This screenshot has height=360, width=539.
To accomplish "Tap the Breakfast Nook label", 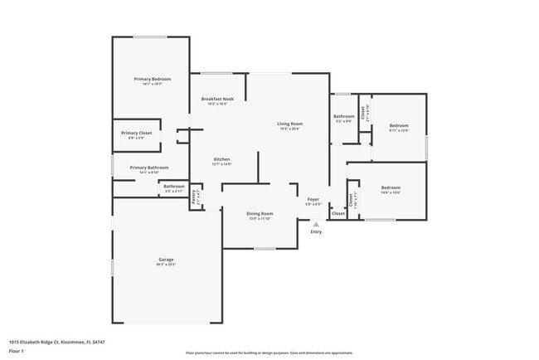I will click(x=217, y=100).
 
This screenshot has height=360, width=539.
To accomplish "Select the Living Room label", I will click(x=289, y=124).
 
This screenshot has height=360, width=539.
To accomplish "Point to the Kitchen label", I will click(x=221, y=159).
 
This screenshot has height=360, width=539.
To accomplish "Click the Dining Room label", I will click(x=260, y=214).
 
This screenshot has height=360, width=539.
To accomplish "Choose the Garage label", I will click(x=166, y=260).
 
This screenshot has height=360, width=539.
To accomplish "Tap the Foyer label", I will click(x=313, y=200).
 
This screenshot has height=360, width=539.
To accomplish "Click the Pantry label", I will click(x=194, y=197).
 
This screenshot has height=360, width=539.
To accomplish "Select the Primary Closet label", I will click(x=135, y=134).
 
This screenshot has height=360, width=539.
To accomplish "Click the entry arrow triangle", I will click(x=315, y=223).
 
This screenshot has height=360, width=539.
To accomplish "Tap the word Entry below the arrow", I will click(x=316, y=231).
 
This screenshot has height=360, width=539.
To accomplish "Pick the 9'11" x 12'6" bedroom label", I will click(x=400, y=126).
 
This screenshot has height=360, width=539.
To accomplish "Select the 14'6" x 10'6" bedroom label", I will click(x=391, y=188).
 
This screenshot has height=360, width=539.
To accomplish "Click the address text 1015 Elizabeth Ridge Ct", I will click(x=57, y=341).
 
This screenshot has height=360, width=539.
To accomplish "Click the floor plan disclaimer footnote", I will click(x=269, y=352).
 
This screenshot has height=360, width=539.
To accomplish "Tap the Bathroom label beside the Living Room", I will click(x=344, y=117).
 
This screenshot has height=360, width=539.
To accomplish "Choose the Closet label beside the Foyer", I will click(x=338, y=213).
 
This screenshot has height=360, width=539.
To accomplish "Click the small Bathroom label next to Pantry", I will click(x=173, y=187).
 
